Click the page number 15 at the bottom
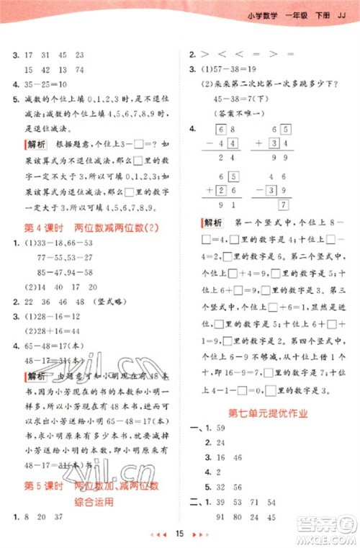pos(180,533)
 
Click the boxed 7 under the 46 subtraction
pos(285,205)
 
